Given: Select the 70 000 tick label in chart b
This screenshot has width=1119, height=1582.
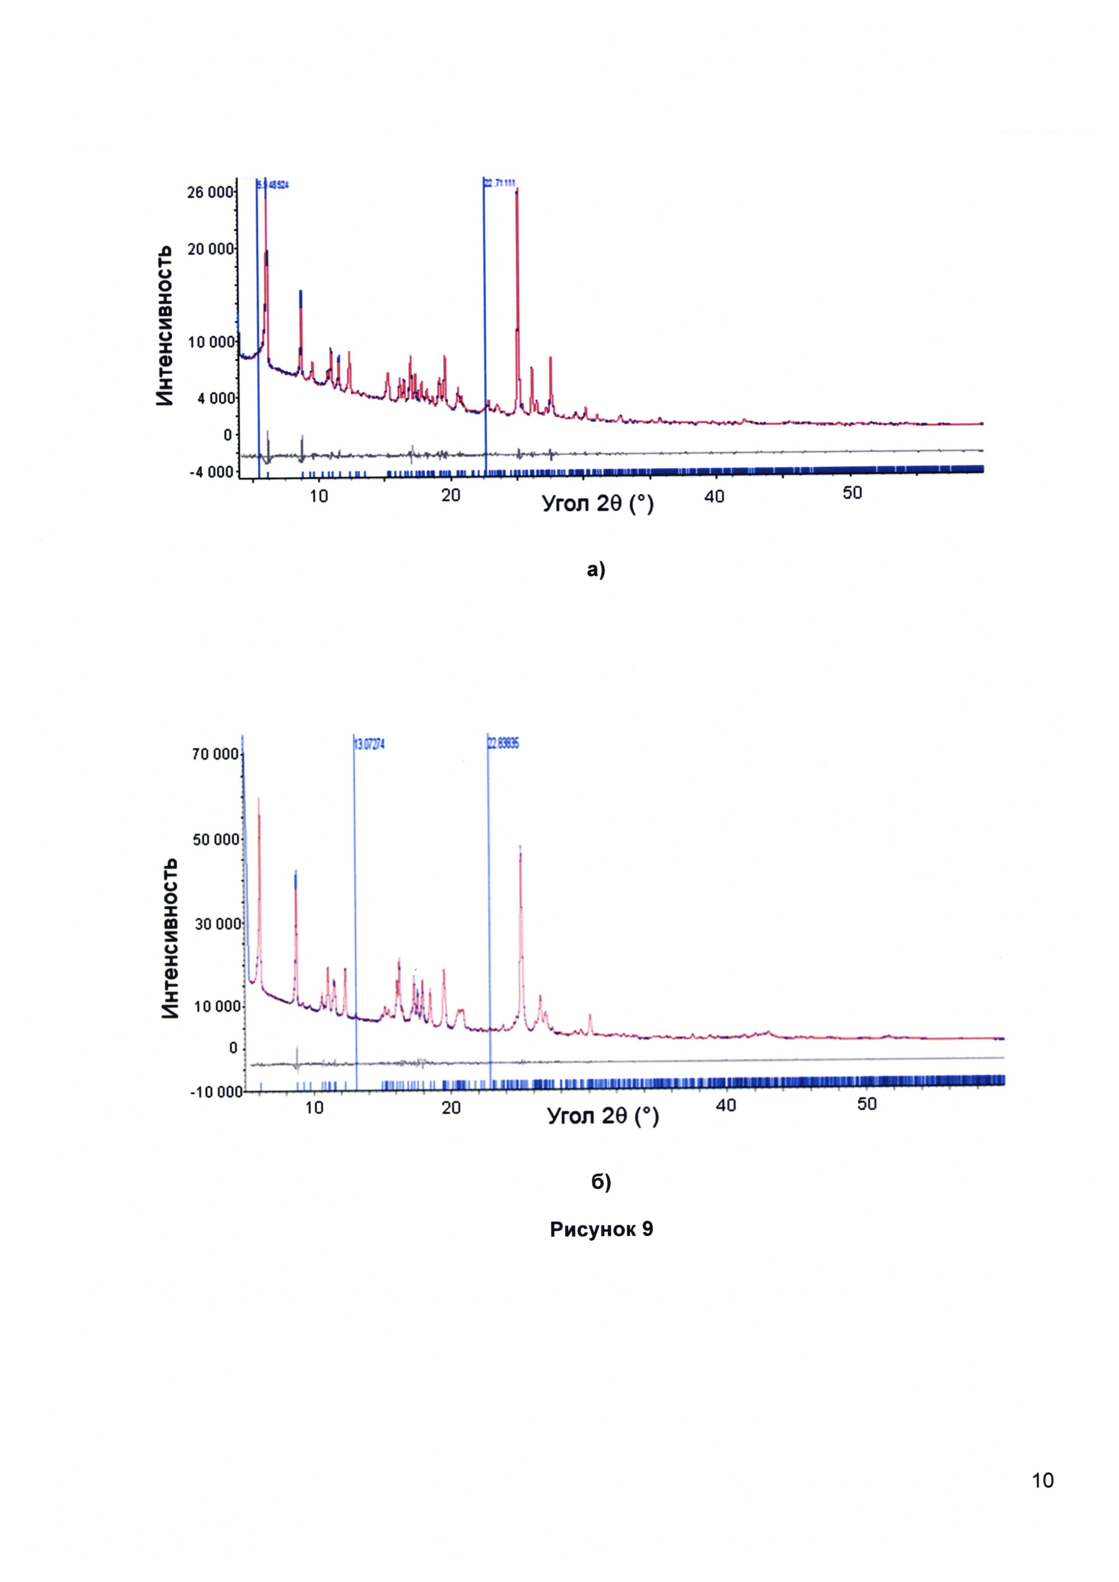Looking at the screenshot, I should click(216, 755).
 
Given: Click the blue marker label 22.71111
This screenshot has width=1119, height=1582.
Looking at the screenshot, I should click(500, 183).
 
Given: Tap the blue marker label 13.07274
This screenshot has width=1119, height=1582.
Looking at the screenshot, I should click(370, 744).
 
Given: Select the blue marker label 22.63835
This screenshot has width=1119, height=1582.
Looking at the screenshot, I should click(504, 744).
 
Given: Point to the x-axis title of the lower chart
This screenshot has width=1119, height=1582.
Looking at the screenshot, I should click(603, 1116).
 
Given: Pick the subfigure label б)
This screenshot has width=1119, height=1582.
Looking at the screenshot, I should click(601, 1182).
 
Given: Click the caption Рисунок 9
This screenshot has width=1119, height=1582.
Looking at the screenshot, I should click(601, 1229).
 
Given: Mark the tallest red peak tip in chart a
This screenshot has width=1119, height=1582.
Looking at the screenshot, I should click(517, 189).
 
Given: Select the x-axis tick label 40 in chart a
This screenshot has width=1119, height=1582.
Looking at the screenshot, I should click(715, 496).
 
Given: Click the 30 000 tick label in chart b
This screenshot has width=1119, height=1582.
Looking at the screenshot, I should click(216, 924).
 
